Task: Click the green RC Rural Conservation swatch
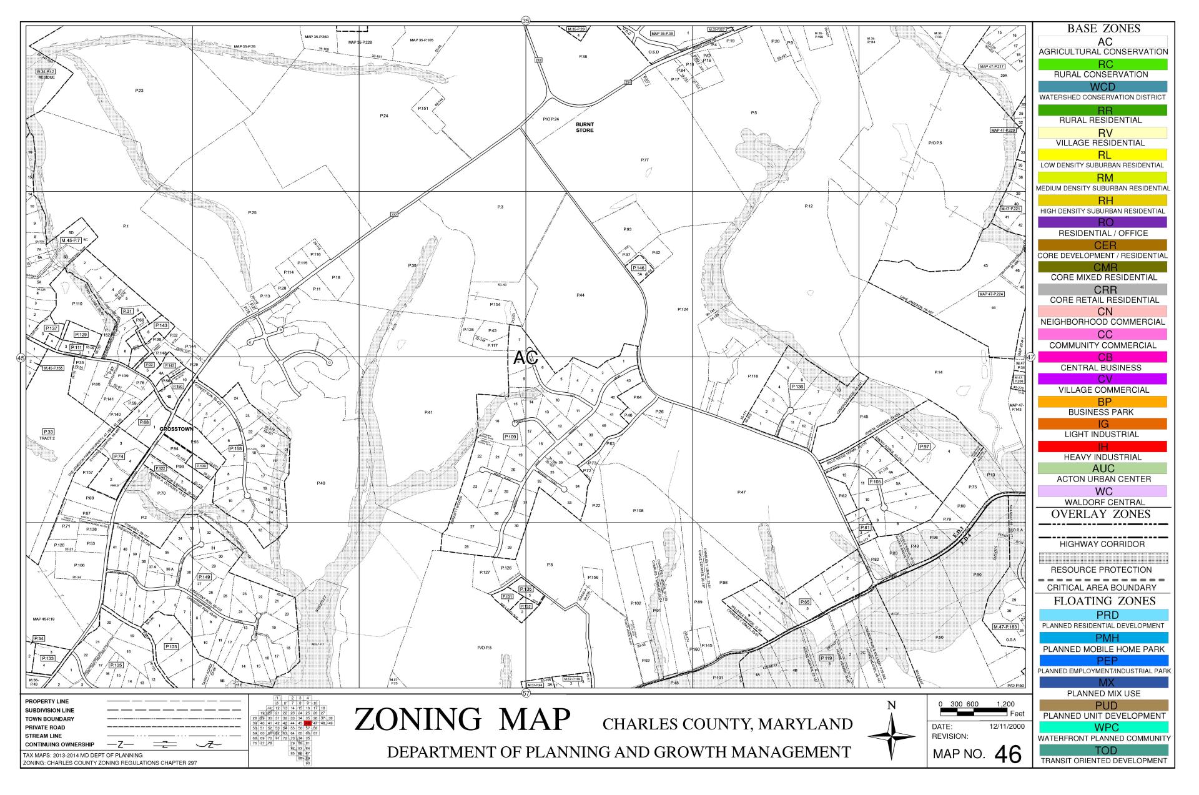tap(1102, 64)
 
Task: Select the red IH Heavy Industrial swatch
tap(1102, 447)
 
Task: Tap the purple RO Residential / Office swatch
tap(1102, 222)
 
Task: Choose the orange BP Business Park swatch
tap(1102, 402)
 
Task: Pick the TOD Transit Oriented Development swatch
tap(1102, 750)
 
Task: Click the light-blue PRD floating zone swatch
tap(1102, 615)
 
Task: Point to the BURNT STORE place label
tap(585, 127)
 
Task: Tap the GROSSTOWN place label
tap(176, 430)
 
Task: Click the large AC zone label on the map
tap(525, 358)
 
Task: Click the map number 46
tap(1007, 754)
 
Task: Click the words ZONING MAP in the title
tap(462, 719)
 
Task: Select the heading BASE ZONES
tap(1103, 29)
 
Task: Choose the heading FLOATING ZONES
tap(1103, 601)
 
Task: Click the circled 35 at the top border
tap(526, 21)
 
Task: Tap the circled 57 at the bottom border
tap(526, 693)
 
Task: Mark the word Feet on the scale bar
tap(1017, 714)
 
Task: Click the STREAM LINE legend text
tap(43, 736)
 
